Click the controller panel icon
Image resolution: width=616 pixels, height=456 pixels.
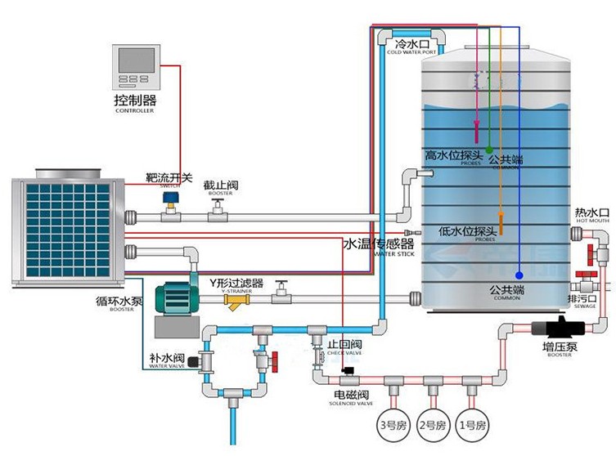(x=136, y=67)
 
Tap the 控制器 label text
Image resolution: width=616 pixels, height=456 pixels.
(x=135, y=101)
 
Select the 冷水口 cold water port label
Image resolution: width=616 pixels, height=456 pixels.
(x=411, y=42)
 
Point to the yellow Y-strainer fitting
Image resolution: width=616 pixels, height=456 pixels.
(x=238, y=304)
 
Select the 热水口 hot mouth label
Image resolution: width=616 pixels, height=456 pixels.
(x=592, y=212)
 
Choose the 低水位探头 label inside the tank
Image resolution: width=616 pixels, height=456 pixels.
(x=467, y=231)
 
